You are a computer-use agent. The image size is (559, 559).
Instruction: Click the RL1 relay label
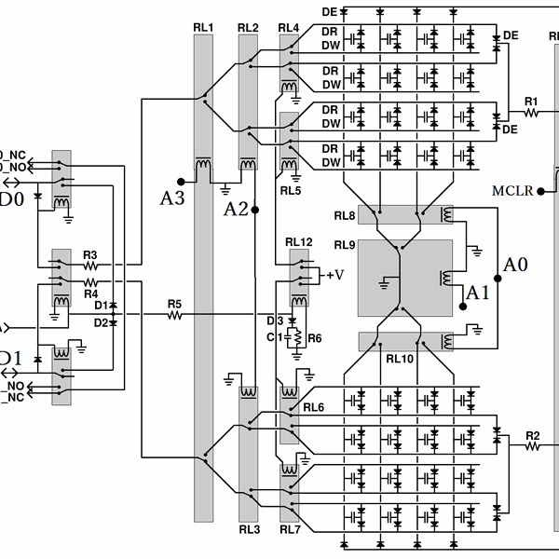click(x=204, y=27)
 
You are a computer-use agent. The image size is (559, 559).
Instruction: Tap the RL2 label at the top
click(x=248, y=27)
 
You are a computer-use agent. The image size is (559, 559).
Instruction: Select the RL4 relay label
click(x=289, y=27)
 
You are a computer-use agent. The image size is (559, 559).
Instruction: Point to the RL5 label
click(x=291, y=191)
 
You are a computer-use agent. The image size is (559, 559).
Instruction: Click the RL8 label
click(x=345, y=216)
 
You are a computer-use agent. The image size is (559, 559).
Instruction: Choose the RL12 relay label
click(x=299, y=242)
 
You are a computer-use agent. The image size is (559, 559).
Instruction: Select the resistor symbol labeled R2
click(x=532, y=447)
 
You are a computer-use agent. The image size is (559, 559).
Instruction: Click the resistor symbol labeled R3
click(x=90, y=264)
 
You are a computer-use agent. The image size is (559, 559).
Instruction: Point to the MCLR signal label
click(x=512, y=191)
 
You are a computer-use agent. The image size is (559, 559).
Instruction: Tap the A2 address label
click(x=236, y=209)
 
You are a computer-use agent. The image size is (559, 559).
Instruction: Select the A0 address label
click(x=515, y=265)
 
